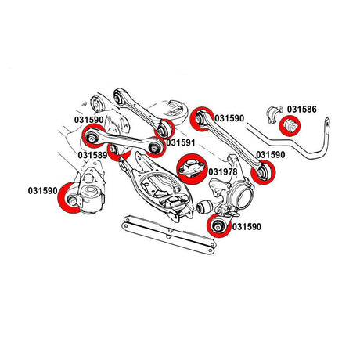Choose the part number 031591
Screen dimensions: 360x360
[182, 143]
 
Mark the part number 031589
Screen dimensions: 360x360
[92, 156]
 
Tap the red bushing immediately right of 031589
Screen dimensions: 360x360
[118, 151]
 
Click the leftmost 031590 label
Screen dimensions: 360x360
[44, 190]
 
